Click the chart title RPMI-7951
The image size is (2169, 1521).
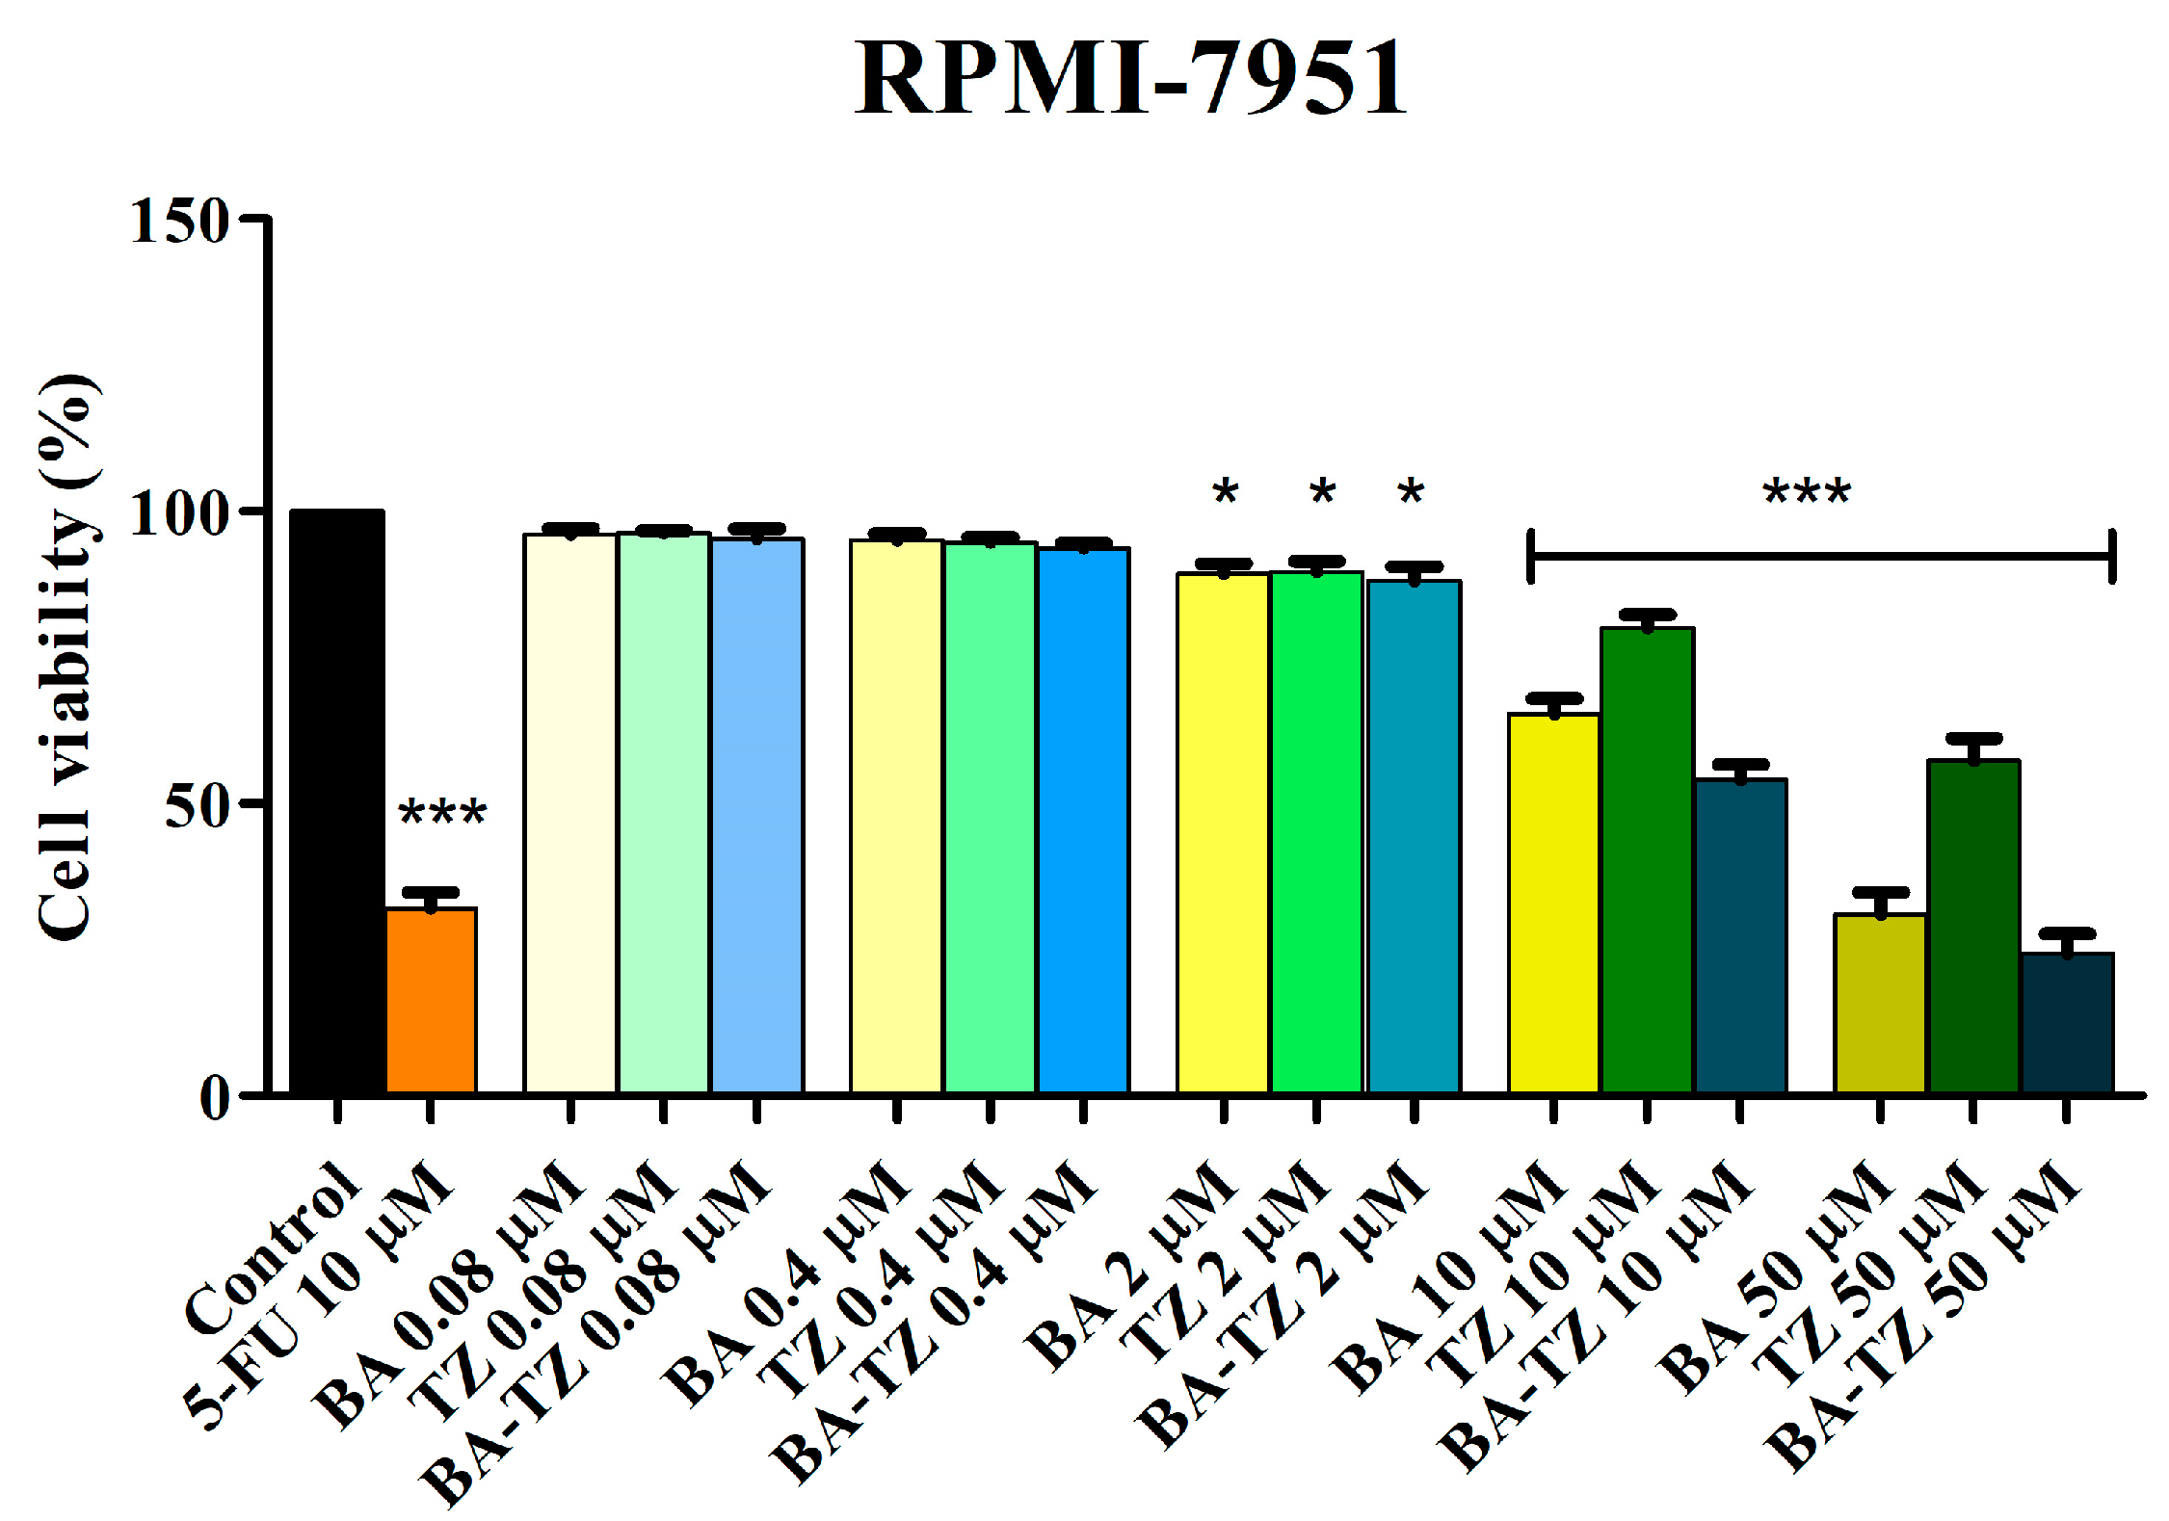[x=1131, y=79]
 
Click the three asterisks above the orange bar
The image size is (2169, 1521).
[x=442, y=813]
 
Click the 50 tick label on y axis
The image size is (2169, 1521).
[x=197, y=805]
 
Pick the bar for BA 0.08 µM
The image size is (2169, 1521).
[x=569, y=813]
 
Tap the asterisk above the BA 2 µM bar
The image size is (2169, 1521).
[x=1225, y=493]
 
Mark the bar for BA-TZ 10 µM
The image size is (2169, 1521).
[x=1740, y=934]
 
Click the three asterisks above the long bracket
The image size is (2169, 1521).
[x=1807, y=493]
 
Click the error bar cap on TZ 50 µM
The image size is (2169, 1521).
[x=1973, y=739]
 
